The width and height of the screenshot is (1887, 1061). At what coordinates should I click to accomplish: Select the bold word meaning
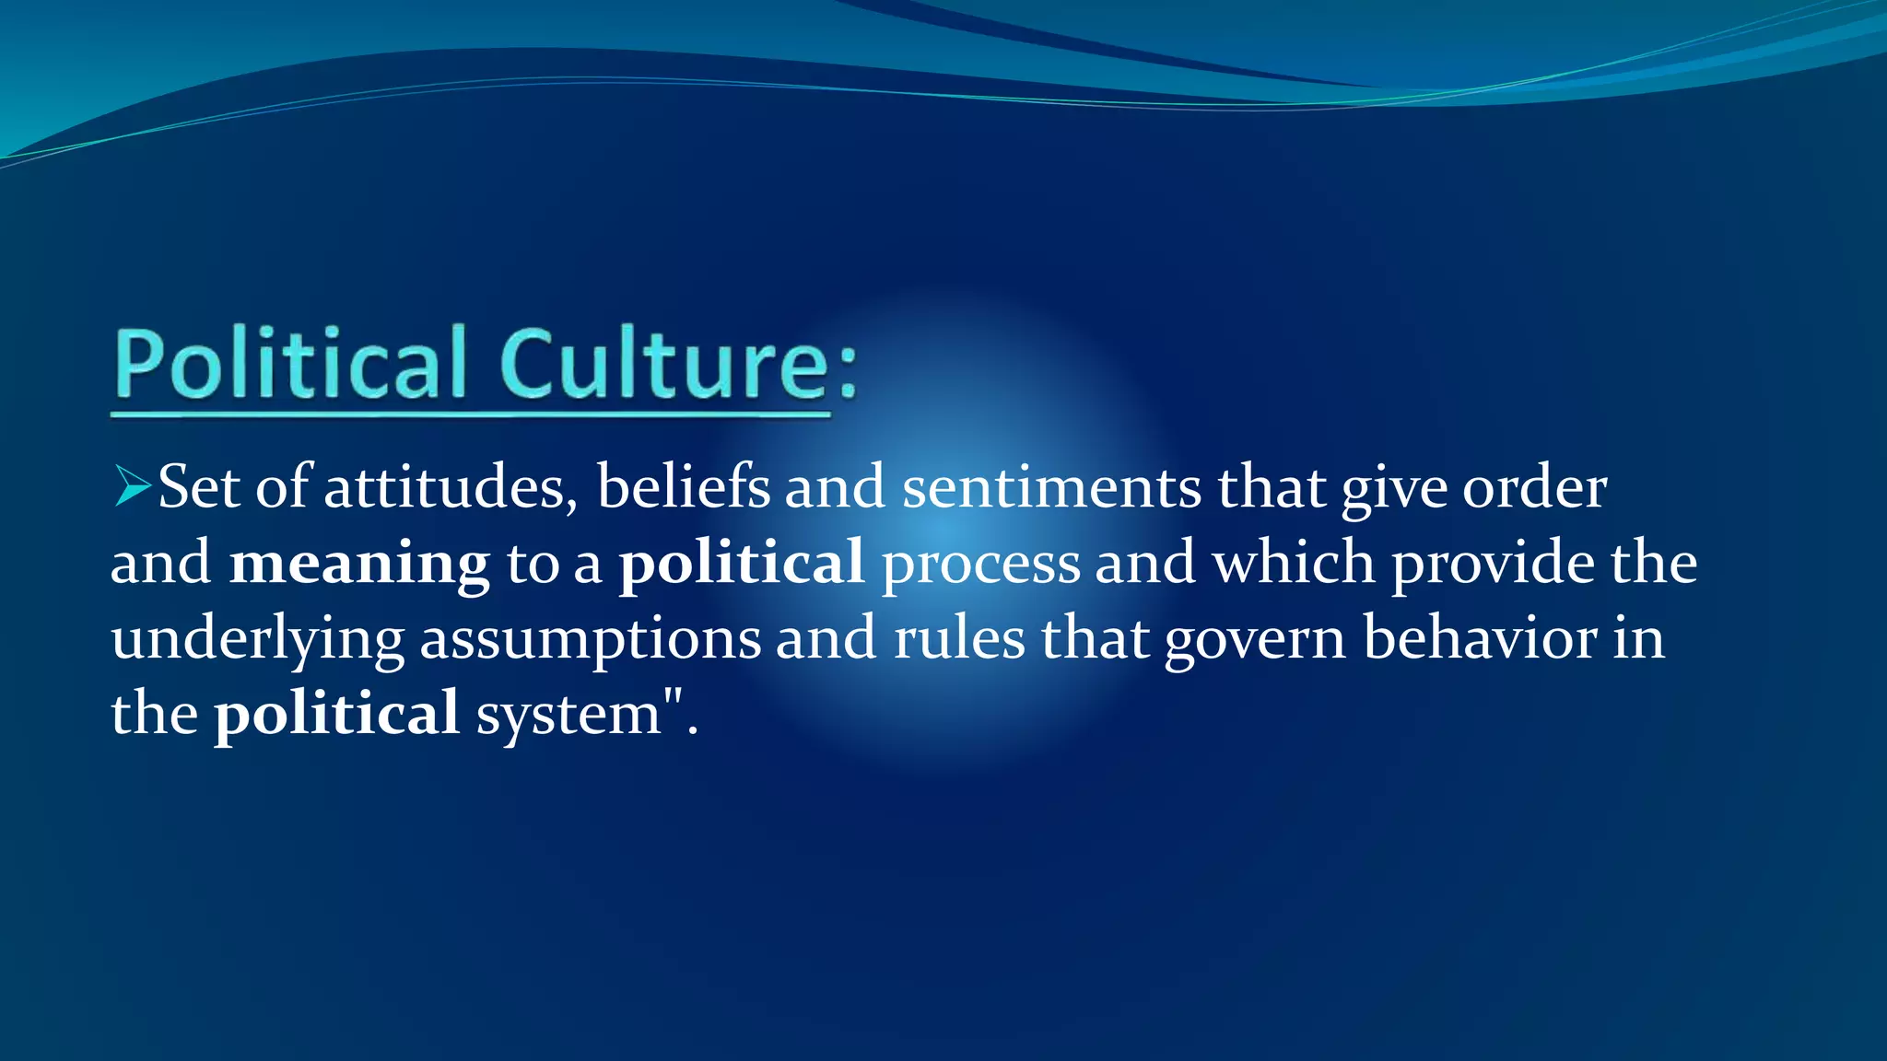click(x=359, y=563)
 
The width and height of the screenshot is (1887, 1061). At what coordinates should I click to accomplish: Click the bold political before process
click(x=741, y=563)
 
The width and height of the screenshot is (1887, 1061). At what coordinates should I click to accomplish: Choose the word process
click(x=980, y=563)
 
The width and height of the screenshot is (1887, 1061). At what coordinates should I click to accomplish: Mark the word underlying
click(x=258, y=638)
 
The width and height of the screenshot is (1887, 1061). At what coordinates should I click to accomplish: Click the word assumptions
click(x=591, y=638)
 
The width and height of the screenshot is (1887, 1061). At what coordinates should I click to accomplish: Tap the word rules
click(x=959, y=638)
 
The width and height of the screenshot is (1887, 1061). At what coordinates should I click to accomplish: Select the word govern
click(x=1255, y=638)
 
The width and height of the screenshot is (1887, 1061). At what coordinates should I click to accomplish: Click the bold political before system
click(x=336, y=713)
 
